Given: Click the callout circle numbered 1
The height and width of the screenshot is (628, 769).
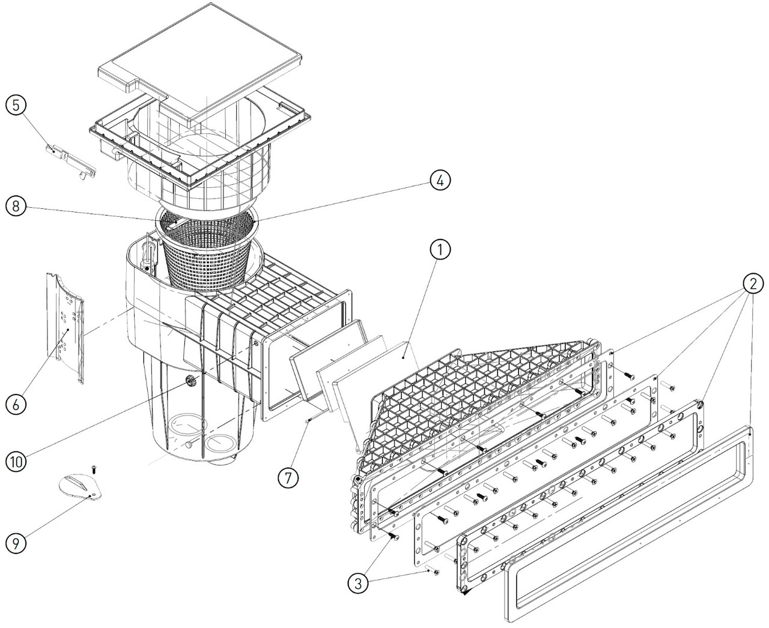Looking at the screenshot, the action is (440, 250).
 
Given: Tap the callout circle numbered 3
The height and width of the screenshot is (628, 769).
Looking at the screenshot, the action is (358, 584).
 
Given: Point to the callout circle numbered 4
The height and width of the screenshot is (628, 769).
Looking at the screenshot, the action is (440, 181).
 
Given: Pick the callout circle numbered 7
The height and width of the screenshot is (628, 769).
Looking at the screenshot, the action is (288, 478).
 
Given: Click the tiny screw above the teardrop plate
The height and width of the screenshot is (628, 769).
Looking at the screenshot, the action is (93, 469).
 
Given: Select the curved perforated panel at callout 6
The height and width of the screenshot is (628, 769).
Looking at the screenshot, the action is (65, 328).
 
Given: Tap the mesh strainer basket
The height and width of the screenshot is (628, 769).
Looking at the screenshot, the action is (207, 251).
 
